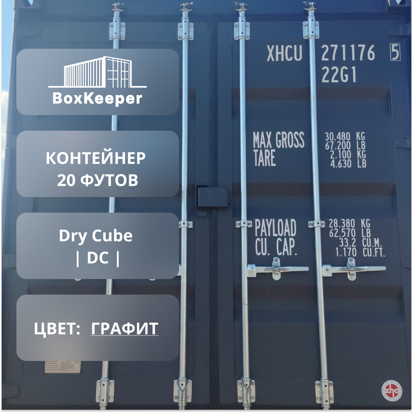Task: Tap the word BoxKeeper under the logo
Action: point(98,98)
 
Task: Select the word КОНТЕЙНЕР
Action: point(95,158)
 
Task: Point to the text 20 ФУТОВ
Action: point(98,180)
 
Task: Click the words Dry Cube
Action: point(95,236)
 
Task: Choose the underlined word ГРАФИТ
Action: point(124,329)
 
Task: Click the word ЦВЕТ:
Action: point(57,329)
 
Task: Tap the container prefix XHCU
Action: point(284,53)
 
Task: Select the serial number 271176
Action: point(348,53)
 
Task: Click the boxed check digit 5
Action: point(395,53)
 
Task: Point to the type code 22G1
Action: point(339,75)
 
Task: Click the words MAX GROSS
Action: point(279,141)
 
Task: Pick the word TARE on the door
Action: point(264,159)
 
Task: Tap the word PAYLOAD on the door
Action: point(275,227)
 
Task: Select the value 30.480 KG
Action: point(345,136)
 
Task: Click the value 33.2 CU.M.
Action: point(360,244)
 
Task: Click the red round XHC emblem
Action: point(391,391)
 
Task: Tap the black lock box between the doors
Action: point(212,197)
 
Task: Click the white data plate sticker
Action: point(57,367)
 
